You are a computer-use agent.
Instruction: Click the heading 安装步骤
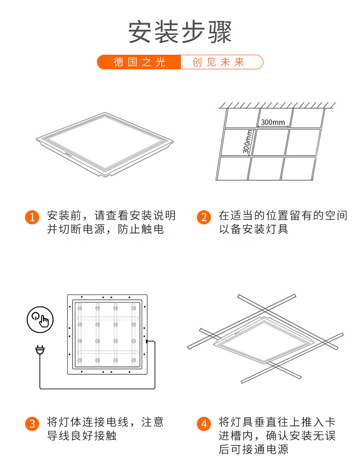click(x=180, y=32)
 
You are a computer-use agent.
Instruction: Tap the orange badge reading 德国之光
click(x=139, y=62)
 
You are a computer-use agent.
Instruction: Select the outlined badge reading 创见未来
click(x=221, y=62)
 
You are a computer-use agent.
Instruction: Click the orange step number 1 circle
click(x=32, y=217)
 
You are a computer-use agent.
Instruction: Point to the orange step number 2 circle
click(x=204, y=217)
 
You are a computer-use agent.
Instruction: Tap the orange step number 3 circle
click(x=32, y=424)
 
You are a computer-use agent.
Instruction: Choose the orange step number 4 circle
click(x=204, y=424)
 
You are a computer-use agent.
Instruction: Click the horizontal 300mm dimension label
click(x=273, y=122)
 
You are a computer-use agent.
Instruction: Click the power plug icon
click(x=40, y=350)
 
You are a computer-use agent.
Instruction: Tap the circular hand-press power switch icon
click(x=40, y=320)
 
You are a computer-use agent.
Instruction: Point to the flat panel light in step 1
click(x=105, y=144)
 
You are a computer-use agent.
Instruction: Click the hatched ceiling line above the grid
click(x=277, y=105)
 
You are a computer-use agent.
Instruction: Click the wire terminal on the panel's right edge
click(x=147, y=341)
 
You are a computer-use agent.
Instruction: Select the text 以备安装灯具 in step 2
click(x=253, y=229)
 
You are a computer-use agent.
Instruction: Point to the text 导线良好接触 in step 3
click(x=82, y=436)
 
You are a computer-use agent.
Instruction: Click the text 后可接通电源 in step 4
click(x=253, y=449)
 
